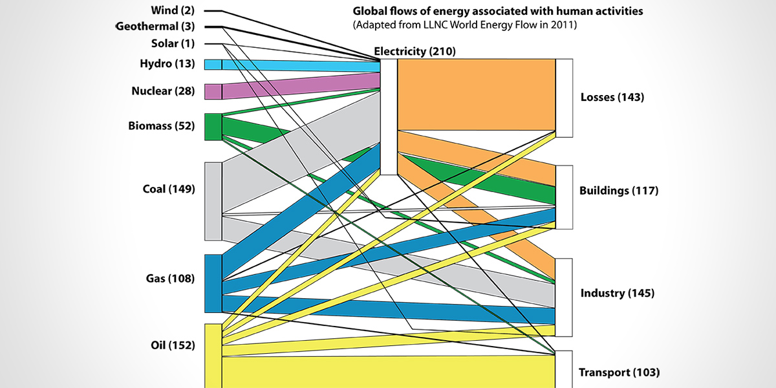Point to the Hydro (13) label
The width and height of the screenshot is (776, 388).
tap(166, 63)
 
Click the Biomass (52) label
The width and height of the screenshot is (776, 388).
tap(162, 126)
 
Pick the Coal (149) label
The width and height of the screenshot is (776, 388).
tap(168, 189)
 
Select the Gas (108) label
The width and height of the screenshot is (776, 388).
tap(170, 279)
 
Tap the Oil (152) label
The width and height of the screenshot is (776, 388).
tap(172, 345)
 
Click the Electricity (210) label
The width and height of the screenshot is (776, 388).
tap(415, 52)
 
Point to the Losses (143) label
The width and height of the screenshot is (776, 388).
tap(612, 98)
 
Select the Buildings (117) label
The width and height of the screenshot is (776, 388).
tap(618, 191)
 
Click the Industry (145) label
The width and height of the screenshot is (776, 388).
tap(617, 293)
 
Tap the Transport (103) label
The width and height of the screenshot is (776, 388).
tap(619, 372)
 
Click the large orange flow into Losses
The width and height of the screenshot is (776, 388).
tap(476, 94)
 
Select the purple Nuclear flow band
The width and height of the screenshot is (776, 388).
tap(297, 87)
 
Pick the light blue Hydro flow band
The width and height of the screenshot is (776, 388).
tap(297, 65)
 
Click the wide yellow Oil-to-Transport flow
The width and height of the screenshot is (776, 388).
tap(388, 371)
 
